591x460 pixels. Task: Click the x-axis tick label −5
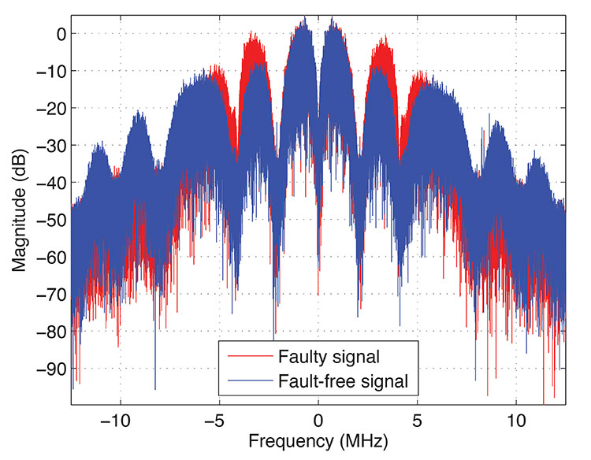click(216, 418)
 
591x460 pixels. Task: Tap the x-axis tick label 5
click(418, 418)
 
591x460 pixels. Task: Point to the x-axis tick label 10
click(517, 418)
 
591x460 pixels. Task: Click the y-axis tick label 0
click(58, 34)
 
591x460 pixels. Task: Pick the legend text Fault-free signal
click(344, 382)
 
